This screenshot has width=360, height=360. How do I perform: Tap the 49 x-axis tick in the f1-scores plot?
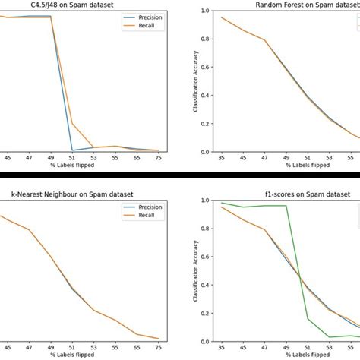[286, 347]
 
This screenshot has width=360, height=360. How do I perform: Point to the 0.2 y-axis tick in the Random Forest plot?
[207, 123]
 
